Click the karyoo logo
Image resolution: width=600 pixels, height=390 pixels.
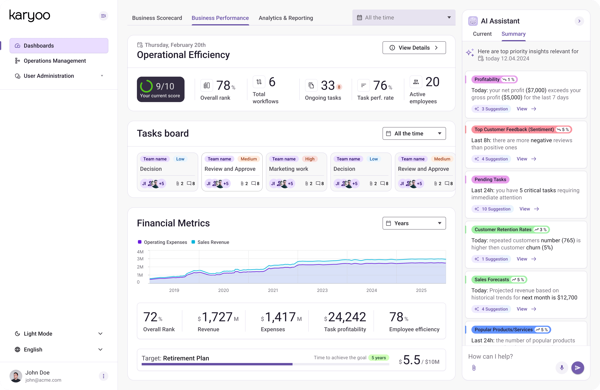pyautogui.click(x=30, y=16)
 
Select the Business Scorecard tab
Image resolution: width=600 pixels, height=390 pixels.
pyautogui.click(x=157, y=18)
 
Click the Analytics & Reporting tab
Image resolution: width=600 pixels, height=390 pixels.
pyautogui.click(x=286, y=18)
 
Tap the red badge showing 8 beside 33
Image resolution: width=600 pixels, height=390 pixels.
pyautogui.click(x=339, y=87)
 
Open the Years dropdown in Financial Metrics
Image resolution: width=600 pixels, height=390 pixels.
pyautogui.click(x=414, y=223)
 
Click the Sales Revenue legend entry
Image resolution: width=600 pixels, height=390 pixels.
pyautogui.click(x=213, y=242)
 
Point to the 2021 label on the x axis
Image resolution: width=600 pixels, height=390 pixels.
pyautogui.click(x=273, y=290)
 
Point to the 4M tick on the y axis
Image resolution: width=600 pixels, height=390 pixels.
pyautogui.click(x=140, y=252)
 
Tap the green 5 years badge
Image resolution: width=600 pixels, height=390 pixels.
pyautogui.click(x=378, y=358)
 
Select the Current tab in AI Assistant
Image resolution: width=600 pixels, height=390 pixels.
pyautogui.click(x=482, y=34)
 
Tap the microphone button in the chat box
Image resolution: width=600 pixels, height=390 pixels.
pyautogui.click(x=562, y=368)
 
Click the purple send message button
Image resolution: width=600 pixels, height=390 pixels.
pyautogui.click(x=577, y=368)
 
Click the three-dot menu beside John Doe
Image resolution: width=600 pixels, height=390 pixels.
pyautogui.click(x=103, y=376)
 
